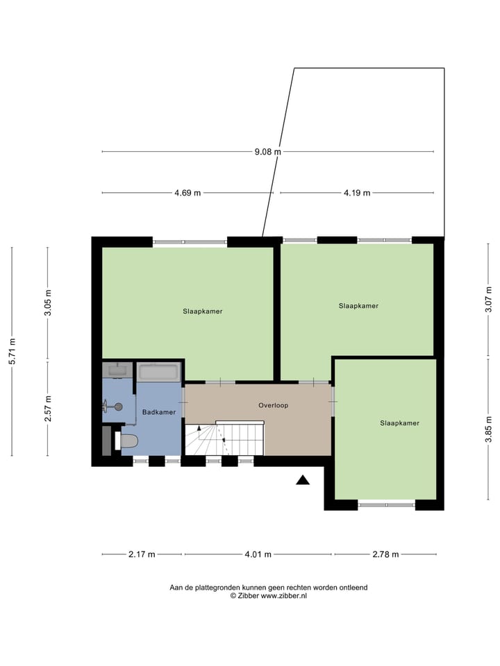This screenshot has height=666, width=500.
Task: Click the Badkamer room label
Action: (159, 412)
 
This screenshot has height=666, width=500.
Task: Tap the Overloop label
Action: (273, 405)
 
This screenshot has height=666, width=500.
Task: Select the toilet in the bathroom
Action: (128, 441)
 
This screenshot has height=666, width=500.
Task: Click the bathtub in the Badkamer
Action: (159, 373)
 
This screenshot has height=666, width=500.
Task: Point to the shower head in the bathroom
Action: (117, 407)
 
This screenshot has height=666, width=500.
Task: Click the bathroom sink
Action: (117, 370)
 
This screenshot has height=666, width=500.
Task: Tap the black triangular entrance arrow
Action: (303, 479)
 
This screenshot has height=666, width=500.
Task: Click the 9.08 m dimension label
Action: (267, 151)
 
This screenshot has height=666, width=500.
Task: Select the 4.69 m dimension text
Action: (187, 193)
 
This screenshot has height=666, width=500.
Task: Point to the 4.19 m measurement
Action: (356, 193)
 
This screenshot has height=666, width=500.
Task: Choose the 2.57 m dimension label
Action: (48, 409)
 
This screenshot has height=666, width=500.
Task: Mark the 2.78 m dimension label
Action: (385, 554)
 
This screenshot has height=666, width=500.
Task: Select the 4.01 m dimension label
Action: (258, 554)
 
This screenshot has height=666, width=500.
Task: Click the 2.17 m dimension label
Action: (142, 554)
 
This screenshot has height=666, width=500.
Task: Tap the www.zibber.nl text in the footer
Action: (284, 595)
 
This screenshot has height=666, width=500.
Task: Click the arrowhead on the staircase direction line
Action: (200, 429)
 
